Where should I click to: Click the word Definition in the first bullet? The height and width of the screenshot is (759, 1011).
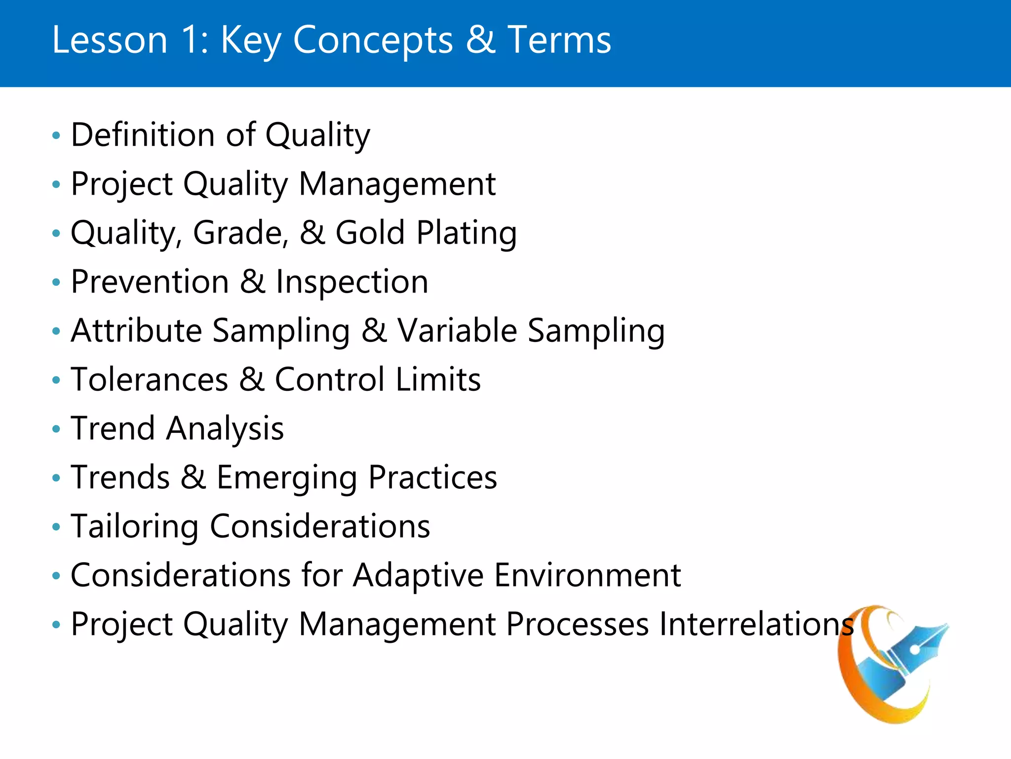click(x=143, y=134)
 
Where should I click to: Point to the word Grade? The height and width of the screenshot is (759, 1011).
click(x=240, y=233)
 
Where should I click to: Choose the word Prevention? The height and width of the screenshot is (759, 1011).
click(x=150, y=282)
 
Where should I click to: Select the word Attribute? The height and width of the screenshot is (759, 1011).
click(x=136, y=330)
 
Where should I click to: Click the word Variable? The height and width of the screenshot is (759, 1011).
click(x=457, y=330)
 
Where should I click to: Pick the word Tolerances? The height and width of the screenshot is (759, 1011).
click(x=150, y=379)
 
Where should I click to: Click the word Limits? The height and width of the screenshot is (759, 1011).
click(x=438, y=379)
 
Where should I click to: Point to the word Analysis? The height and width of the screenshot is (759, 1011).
click(x=225, y=429)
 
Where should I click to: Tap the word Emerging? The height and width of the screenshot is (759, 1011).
click(x=287, y=478)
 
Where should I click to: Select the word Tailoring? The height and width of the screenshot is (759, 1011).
click(x=134, y=527)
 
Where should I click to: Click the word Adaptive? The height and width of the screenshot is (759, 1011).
click(x=418, y=575)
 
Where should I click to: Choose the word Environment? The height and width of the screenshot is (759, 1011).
click(x=587, y=575)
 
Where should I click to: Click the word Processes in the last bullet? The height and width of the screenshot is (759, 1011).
click(x=577, y=624)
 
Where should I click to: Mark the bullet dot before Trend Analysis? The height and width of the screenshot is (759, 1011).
click(x=56, y=429)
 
